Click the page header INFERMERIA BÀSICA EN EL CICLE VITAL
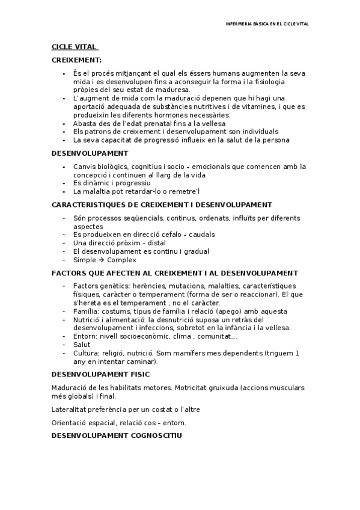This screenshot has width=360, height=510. tap(266, 24)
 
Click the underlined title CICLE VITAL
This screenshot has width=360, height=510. tap(74, 48)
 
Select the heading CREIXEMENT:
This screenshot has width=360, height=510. tap(76, 60)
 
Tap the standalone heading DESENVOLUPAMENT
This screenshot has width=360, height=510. tap(90, 153)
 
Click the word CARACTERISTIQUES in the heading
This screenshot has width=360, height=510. tap(89, 204)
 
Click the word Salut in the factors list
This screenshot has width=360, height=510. tap(82, 345)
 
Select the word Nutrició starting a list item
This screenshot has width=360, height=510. tap(87, 319)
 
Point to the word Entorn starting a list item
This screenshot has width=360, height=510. tap(84, 336)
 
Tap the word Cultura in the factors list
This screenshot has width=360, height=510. tap(85, 353)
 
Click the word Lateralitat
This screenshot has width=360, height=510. tap(70, 409)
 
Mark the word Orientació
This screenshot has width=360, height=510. tap(71, 422)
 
